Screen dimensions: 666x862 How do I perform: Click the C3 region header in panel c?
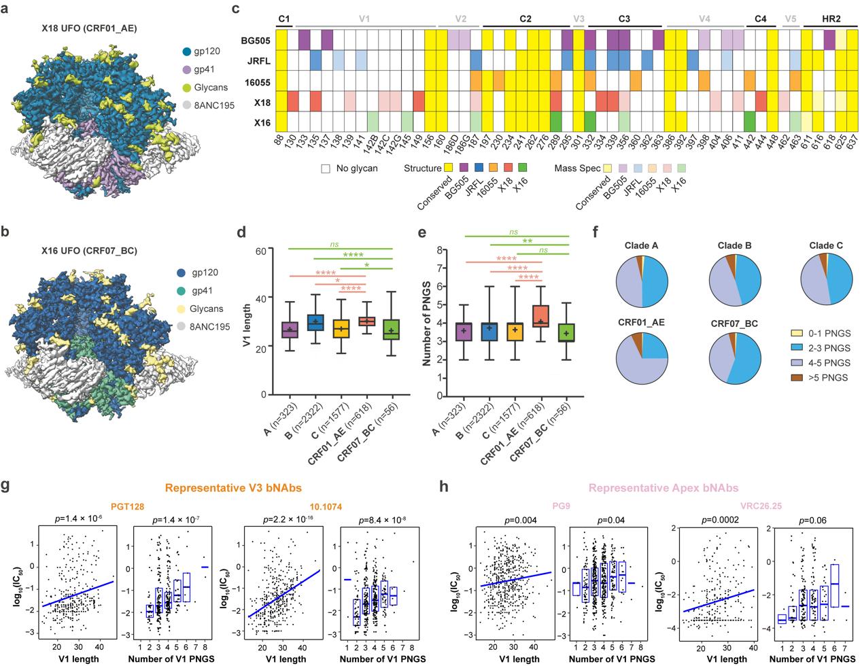(x=625, y=19)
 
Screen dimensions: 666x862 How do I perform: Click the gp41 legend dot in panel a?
(x=186, y=70)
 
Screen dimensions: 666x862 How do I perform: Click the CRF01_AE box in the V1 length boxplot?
(x=367, y=321)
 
